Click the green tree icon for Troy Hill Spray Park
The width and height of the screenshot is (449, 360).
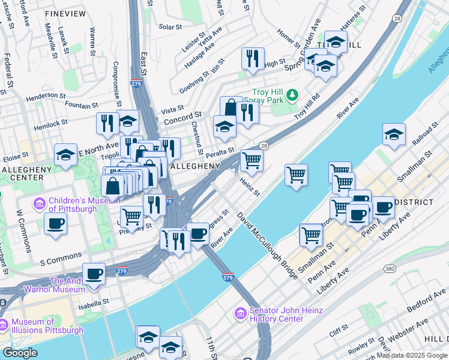(292, 94)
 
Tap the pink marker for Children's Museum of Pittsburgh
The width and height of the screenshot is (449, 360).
(40, 203)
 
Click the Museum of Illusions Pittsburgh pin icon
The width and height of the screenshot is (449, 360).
(4, 326)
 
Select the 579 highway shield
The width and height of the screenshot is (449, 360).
(228, 278)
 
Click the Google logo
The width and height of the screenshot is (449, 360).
(19, 353)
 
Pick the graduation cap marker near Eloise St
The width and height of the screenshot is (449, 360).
(65, 155)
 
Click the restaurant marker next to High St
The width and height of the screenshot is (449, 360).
(252, 58)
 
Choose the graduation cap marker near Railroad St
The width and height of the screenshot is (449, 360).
(394, 134)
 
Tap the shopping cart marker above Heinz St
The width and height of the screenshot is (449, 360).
(252, 160)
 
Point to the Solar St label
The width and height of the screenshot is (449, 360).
(170, 27)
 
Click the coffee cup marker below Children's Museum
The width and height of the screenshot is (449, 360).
(56, 224)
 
